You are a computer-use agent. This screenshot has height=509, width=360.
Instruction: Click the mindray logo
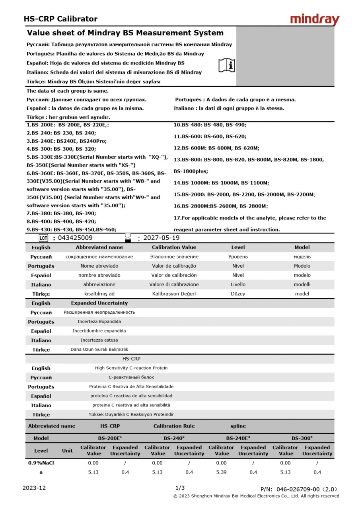click(x=314, y=19)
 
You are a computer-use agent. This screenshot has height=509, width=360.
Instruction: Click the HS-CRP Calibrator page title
click(x=60, y=19)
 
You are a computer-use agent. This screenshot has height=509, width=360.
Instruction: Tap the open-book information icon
click(x=227, y=65)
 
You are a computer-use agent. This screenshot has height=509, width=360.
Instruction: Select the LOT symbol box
click(x=43, y=238)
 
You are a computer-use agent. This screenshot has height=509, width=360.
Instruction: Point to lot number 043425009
click(x=75, y=238)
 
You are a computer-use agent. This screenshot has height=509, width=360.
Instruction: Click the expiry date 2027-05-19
click(x=161, y=238)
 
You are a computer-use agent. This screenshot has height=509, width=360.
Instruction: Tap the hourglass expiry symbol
click(x=128, y=238)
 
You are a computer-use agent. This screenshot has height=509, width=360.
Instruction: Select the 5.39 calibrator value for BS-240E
click(x=221, y=472)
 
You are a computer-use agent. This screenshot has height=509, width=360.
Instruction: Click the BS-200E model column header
click(x=110, y=438)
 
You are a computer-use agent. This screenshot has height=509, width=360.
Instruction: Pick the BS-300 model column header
click(x=302, y=438)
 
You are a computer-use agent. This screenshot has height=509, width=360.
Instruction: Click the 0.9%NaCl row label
click(x=41, y=463)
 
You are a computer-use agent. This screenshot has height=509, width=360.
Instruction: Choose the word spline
click(x=238, y=426)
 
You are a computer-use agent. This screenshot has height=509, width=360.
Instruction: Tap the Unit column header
click(x=67, y=451)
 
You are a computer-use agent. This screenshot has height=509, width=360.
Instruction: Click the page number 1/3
click(x=180, y=488)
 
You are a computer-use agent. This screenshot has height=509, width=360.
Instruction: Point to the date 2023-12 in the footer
click(x=34, y=488)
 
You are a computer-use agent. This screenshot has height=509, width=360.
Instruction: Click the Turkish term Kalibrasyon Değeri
click(x=174, y=294)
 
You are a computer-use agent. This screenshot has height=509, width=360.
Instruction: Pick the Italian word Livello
click(x=238, y=284)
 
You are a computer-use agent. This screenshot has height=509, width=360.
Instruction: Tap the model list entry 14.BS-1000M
click(x=221, y=183)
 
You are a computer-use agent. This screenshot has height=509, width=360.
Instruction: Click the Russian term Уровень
click(x=238, y=256)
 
